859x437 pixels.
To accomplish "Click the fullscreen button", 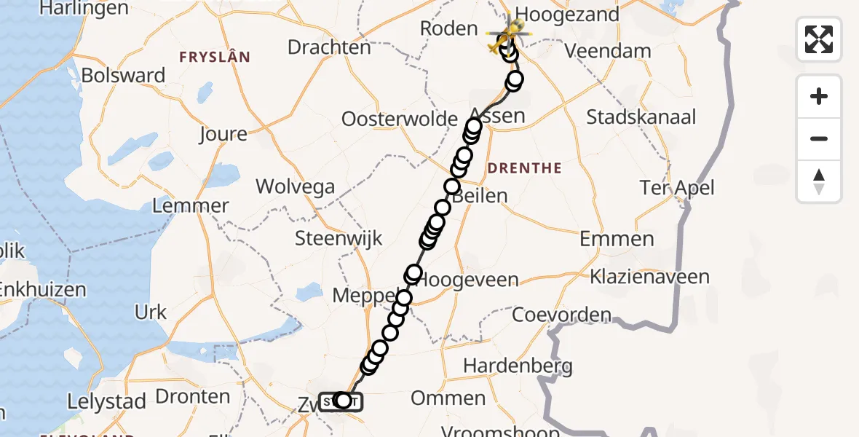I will pyautogui.click(x=819, y=39).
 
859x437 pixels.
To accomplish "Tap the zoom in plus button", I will pyautogui.click(x=819, y=96).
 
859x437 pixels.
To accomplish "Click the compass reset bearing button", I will pyautogui.click(x=819, y=181).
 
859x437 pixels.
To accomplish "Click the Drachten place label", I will pyautogui.click(x=329, y=47).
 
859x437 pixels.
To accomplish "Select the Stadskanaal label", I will pyautogui.click(x=641, y=117).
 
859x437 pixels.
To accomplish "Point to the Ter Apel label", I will pyautogui.click(x=677, y=188).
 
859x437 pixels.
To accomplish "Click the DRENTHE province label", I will pyautogui.click(x=524, y=168).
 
